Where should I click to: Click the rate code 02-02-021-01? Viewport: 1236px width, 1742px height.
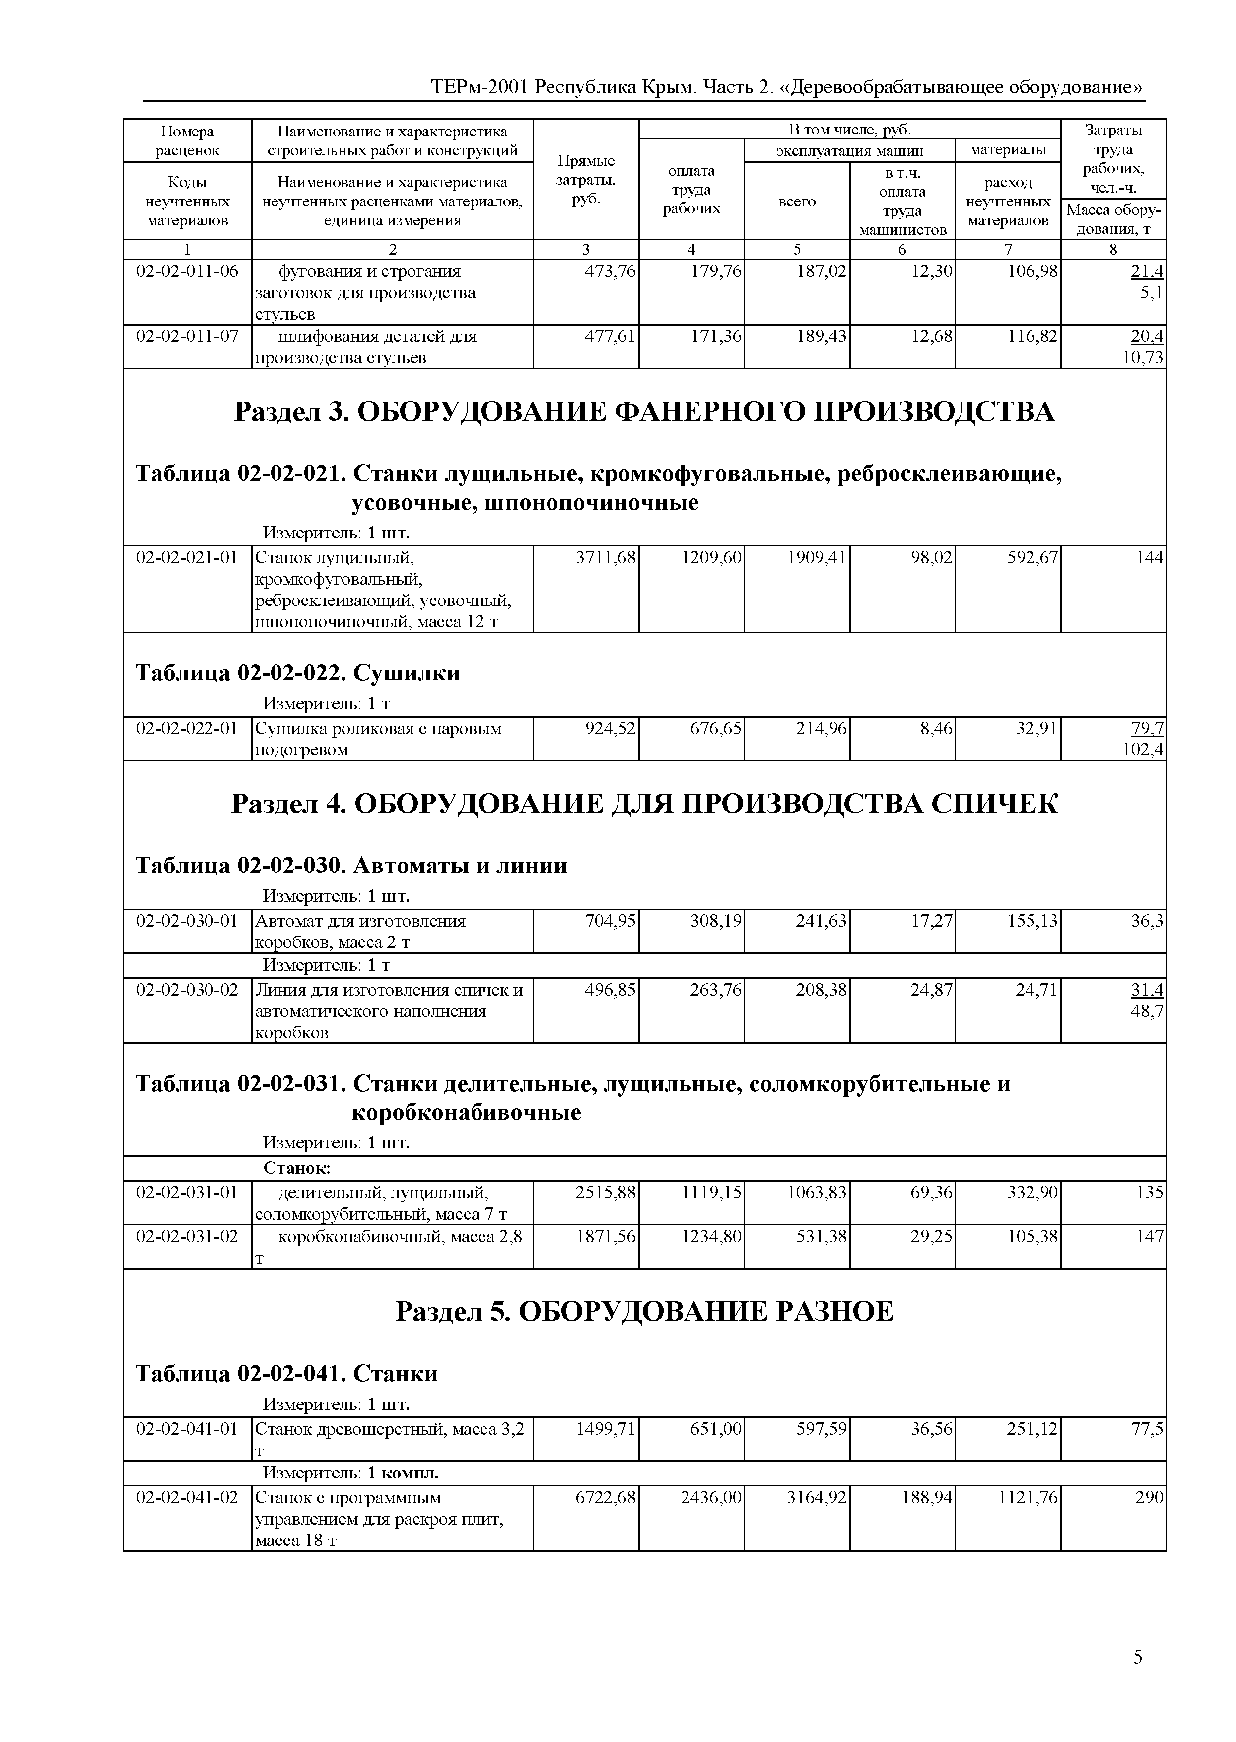(x=187, y=558)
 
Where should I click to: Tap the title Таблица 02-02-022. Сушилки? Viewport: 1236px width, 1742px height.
(x=298, y=673)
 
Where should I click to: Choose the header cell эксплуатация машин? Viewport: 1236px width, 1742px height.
(x=849, y=151)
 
